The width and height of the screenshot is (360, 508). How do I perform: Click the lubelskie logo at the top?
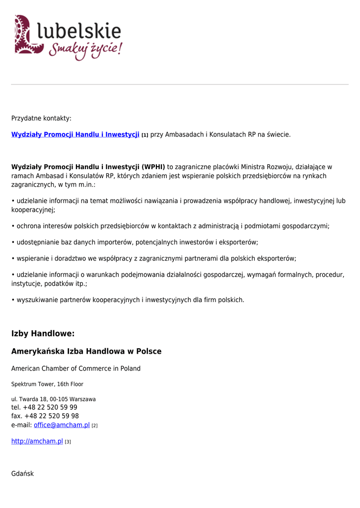tap(68, 37)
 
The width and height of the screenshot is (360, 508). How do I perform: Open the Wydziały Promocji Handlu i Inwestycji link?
tap(75, 134)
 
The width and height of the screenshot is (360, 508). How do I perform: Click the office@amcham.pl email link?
tap(62, 425)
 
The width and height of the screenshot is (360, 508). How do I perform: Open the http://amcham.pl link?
tap(37, 441)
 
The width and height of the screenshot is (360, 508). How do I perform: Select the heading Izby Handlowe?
tap(43, 334)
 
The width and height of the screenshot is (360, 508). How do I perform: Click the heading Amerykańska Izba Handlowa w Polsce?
tap(86, 351)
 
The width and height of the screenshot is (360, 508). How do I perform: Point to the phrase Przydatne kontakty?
tap(41, 119)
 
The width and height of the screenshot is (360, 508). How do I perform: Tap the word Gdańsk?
tap(22, 474)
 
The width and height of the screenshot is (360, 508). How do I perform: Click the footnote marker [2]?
tap(94, 426)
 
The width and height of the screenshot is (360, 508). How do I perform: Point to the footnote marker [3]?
tap(68, 442)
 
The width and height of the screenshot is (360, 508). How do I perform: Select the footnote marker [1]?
tap(145, 135)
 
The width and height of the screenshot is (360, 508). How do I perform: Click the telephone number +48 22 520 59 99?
tap(50, 407)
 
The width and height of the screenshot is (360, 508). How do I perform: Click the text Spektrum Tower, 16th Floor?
tap(47, 384)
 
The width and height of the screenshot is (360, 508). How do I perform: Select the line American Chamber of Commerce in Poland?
tap(76, 369)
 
